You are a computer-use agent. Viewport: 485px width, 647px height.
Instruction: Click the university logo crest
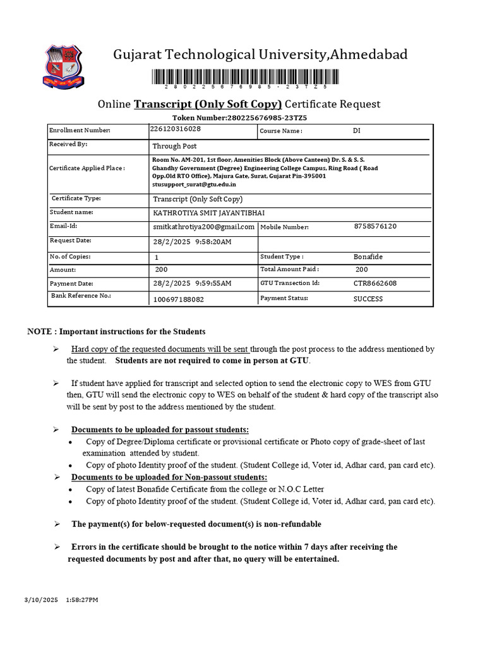(x=63, y=65)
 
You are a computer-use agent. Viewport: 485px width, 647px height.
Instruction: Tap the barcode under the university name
(x=244, y=78)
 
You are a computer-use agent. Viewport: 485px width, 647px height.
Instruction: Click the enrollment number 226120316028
(x=176, y=129)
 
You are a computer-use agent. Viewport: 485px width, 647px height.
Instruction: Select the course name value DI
(x=357, y=131)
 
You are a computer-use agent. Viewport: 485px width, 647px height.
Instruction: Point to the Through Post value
(x=175, y=146)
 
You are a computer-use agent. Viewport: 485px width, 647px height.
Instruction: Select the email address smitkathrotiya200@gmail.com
(x=203, y=227)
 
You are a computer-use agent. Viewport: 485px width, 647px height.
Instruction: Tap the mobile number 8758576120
(x=376, y=226)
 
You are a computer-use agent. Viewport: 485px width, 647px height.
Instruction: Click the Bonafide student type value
(x=368, y=257)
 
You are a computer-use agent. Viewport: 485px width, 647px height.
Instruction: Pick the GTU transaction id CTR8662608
(x=375, y=284)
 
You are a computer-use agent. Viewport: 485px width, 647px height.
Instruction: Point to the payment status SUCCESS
(x=368, y=299)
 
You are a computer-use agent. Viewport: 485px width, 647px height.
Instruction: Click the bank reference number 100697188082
(x=179, y=299)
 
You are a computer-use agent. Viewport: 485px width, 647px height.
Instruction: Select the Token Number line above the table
(x=239, y=118)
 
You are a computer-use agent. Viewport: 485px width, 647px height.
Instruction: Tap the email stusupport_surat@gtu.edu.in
(x=194, y=184)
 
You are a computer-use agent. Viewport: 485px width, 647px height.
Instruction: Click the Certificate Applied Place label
(x=87, y=168)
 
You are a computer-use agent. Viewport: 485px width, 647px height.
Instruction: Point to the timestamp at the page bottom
(x=61, y=600)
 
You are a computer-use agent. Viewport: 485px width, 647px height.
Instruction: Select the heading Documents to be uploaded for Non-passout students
(x=169, y=477)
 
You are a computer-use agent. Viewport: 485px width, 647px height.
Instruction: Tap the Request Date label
(x=71, y=241)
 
